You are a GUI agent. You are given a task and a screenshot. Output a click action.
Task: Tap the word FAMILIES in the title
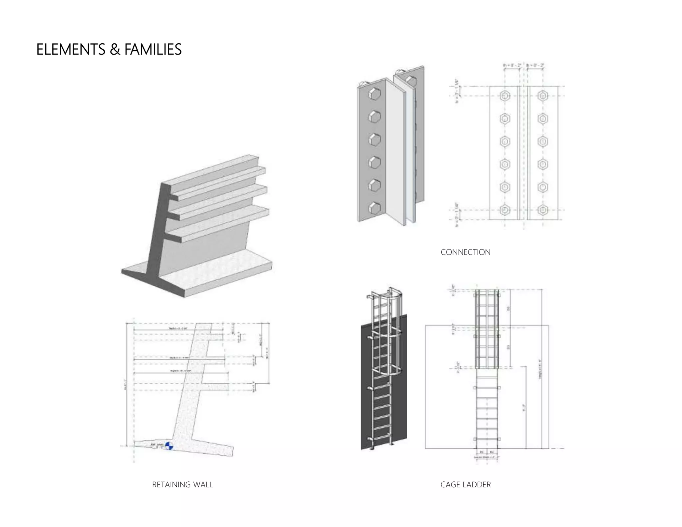point(153,50)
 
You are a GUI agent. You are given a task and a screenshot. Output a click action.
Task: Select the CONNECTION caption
point(465,252)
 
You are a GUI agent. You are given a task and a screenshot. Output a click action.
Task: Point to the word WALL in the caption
point(202,485)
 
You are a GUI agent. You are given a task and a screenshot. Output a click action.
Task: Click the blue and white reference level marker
point(169,446)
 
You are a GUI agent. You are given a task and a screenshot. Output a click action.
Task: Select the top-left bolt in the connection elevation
point(505,96)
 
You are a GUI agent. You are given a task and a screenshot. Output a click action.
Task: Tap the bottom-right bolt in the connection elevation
point(543,210)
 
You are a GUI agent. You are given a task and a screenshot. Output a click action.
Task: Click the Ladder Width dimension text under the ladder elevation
point(487,457)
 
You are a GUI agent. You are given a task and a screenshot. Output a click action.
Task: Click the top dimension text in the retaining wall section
point(178,328)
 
